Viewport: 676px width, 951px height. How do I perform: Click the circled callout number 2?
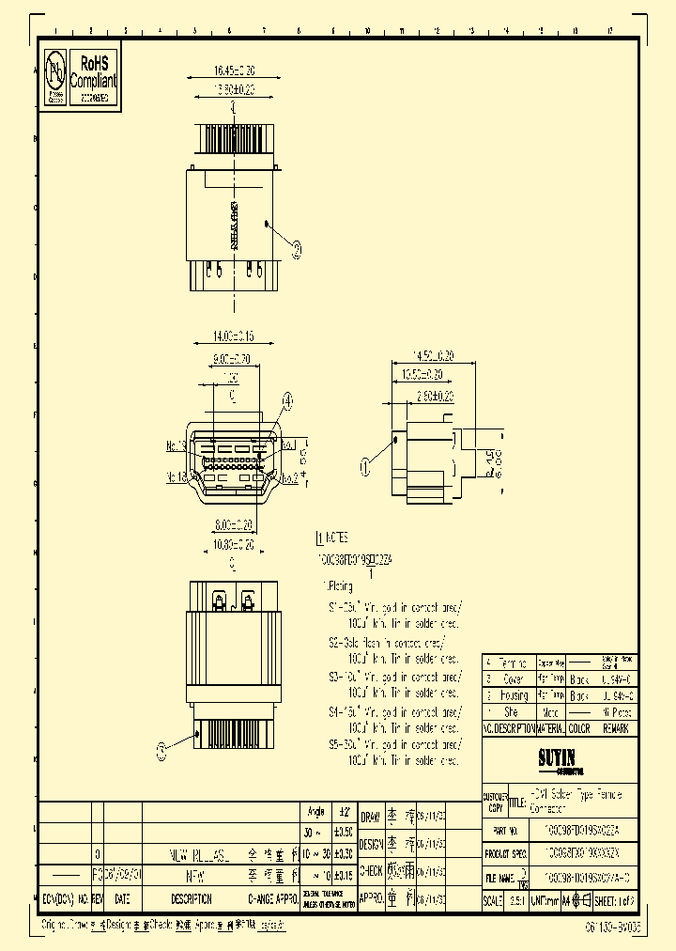point(297,249)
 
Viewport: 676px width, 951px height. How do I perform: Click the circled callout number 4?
point(286,401)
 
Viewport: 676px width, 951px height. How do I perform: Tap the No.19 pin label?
point(176,445)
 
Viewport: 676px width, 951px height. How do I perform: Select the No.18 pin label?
point(176,476)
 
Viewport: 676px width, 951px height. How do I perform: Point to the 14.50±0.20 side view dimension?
point(435,356)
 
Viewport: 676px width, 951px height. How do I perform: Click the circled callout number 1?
point(367,464)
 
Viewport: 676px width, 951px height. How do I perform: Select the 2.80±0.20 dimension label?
point(434,396)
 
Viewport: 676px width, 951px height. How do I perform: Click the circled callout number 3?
point(161,749)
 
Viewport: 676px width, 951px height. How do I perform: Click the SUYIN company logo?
point(556,756)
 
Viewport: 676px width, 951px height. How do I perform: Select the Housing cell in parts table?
point(515,695)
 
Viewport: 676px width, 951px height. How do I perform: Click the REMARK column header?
point(617,728)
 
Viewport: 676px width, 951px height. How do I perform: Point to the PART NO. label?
point(506,832)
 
